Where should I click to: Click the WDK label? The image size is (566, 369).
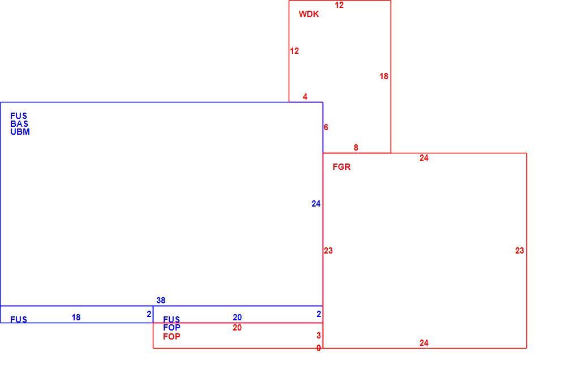(x=308, y=14)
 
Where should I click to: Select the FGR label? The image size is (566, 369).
(x=341, y=167)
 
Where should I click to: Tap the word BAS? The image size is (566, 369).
(x=19, y=124)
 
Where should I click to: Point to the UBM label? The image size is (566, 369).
(x=20, y=132)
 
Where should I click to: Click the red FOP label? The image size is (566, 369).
(x=171, y=337)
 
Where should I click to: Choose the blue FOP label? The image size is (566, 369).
(x=171, y=328)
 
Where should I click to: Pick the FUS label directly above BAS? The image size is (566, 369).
(x=19, y=116)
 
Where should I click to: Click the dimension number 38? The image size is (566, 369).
(x=161, y=301)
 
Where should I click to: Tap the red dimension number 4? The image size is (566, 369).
(x=305, y=97)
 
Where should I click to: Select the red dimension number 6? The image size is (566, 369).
(x=326, y=127)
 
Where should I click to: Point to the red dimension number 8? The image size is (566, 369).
(x=356, y=148)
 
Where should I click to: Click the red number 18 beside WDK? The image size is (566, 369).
(x=384, y=76)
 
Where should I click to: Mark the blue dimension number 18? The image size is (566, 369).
(x=76, y=317)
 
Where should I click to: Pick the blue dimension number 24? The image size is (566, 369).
(x=316, y=204)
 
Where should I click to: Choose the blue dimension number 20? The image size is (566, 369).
(x=237, y=317)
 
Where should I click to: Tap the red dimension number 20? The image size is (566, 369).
(x=237, y=328)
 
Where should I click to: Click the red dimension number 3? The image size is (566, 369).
(x=319, y=336)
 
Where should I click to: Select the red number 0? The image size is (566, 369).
(x=319, y=348)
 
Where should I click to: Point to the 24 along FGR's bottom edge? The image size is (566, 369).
(x=424, y=342)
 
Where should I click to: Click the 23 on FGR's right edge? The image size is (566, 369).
(x=520, y=251)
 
